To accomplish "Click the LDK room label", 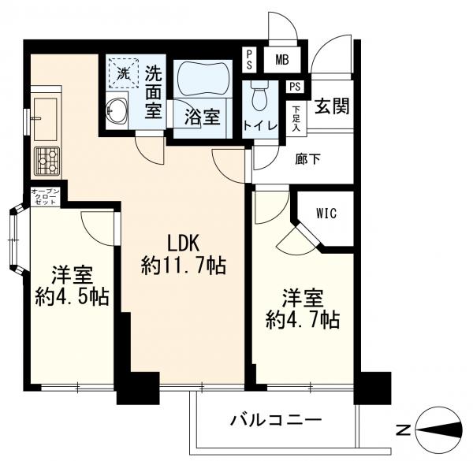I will tap(183, 243).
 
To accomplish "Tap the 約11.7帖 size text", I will tap(184, 266).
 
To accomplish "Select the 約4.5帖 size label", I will tap(72, 297).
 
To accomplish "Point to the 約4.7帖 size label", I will tap(303, 320).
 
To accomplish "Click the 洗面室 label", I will tap(153, 92).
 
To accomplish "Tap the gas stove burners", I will tap(46, 160).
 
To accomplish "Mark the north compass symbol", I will tap(438, 429).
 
